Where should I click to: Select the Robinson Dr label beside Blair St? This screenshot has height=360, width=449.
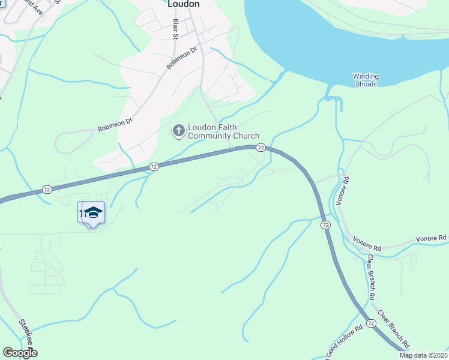(x=182, y=58)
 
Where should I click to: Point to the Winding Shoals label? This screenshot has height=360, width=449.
(x=366, y=80)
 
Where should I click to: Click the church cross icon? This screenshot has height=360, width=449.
(x=178, y=130)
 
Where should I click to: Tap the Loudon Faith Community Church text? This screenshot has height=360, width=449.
(x=223, y=131)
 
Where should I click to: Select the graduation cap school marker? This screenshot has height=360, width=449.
(x=93, y=212)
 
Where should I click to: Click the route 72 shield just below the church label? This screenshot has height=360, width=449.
(x=261, y=148)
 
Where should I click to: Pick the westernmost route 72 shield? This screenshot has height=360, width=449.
(x=47, y=190)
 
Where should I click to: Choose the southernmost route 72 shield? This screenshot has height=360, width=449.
(x=371, y=323)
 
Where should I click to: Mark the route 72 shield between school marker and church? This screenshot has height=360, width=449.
(x=154, y=167)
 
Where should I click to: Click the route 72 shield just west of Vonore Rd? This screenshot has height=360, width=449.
(x=325, y=224)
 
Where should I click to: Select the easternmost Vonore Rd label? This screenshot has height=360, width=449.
(x=433, y=238)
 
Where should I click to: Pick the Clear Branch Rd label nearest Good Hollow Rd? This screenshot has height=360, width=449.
(x=393, y=329)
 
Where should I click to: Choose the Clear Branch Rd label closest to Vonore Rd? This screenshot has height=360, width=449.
(x=372, y=277)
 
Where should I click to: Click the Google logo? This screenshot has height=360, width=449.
(x=20, y=353)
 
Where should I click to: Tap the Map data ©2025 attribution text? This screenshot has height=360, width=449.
(x=423, y=355)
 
